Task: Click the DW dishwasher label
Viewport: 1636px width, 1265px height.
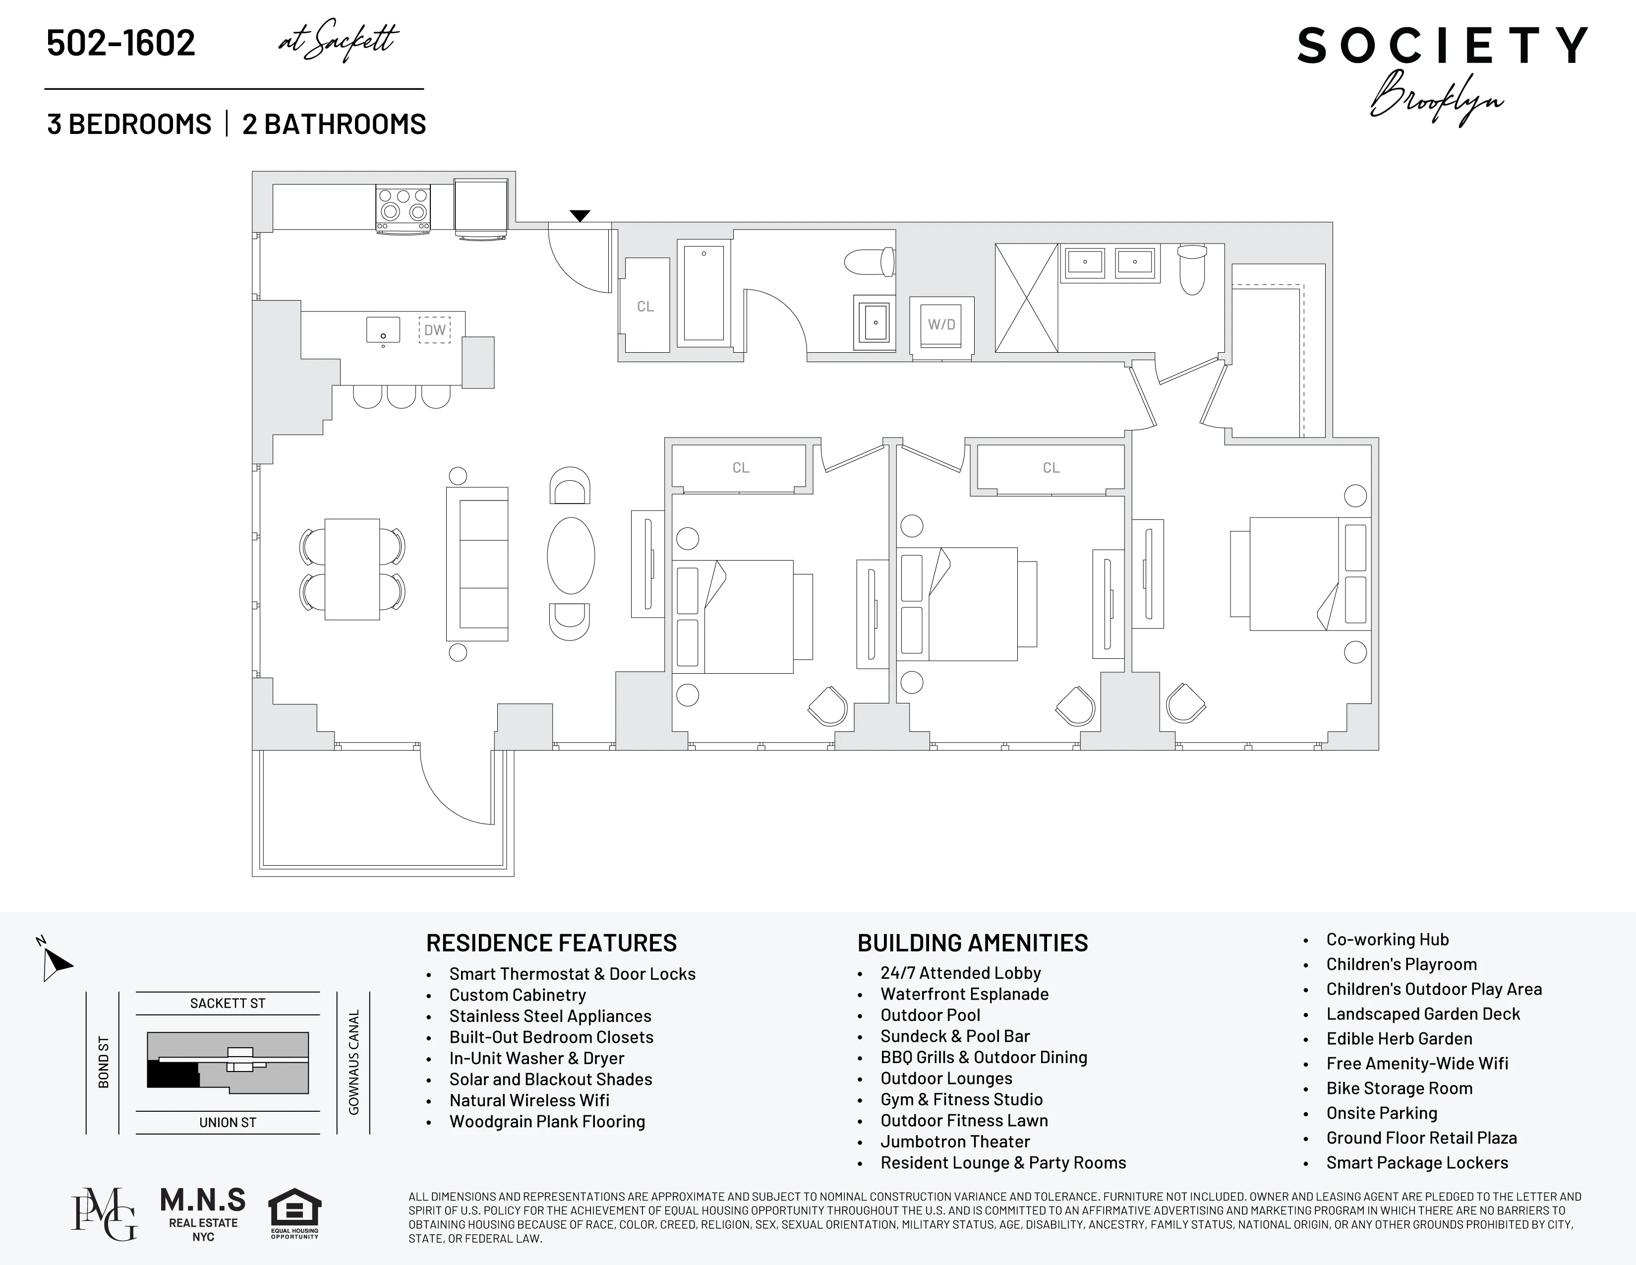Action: [x=434, y=330]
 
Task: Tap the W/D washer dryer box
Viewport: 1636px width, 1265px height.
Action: [x=941, y=324]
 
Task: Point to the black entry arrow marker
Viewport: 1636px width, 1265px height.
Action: [x=580, y=216]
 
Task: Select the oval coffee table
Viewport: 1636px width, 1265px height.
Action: [x=571, y=556]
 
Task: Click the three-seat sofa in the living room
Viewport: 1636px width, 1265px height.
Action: [x=477, y=564]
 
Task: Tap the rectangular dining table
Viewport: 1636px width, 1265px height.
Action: [x=352, y=569]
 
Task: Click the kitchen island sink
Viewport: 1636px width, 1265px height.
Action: [x=383, y=329]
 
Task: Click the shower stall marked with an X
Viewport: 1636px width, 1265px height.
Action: [x=1026, y=298]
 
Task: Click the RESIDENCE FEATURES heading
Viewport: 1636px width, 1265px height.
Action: [x=551, y=943]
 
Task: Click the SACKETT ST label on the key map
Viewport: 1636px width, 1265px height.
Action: [x=228, y=1004]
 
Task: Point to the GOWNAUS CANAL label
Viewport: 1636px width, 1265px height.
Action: [x=353, y=1062]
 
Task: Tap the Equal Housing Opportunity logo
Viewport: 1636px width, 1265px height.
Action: [x=294, y=1213]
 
